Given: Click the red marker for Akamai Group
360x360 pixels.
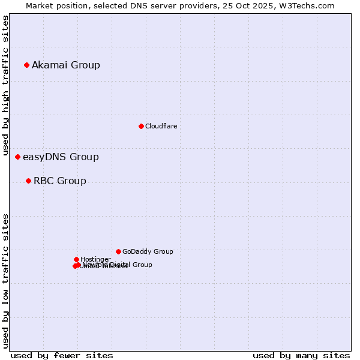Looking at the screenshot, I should coord(26,65).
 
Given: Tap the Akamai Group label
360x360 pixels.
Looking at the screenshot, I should coord(66,65).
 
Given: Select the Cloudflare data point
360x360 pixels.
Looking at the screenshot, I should coord(141,126).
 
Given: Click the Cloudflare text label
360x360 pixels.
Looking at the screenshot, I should coord(161,126).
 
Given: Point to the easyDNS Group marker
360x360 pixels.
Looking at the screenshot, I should coord(17,157).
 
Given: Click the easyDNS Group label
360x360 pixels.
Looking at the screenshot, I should coord(61,157).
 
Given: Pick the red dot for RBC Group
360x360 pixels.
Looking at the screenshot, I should coord(28,181).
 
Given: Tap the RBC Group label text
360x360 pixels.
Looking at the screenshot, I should coord(60,181).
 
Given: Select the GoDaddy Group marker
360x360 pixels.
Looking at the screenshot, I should coord(118,251).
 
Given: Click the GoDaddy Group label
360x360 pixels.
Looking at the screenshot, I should coord(148,252).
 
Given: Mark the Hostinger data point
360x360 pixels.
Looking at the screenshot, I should coord(76,259).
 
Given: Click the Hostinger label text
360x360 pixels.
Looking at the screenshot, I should coord(95,259).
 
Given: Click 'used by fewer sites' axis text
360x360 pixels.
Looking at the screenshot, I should coord(62,355).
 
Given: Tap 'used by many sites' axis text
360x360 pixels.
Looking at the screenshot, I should coord(301,355).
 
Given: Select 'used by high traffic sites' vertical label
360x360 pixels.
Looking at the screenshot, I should coord(6,86).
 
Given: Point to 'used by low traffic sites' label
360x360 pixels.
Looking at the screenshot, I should coord(6,280).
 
